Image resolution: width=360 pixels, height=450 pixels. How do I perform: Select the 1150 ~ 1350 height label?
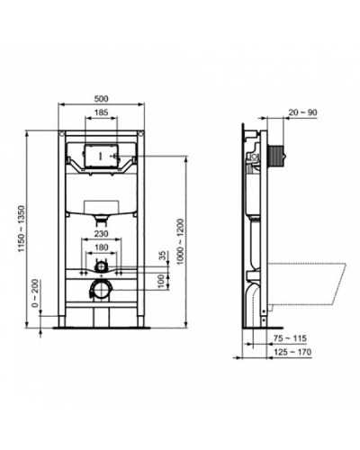(17, 229)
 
